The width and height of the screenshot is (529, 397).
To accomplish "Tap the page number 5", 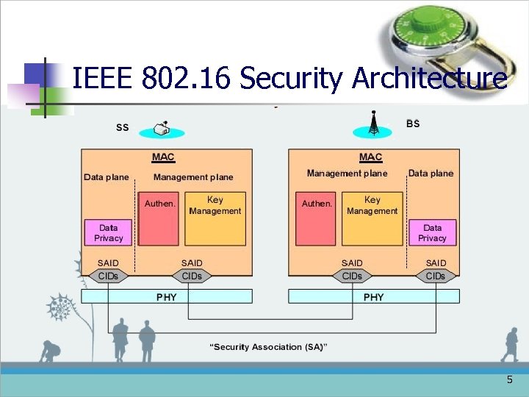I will pos(510,380).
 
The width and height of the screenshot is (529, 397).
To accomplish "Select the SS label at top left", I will pos(123,127).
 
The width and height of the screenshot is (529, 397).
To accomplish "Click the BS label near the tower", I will pos(413,124).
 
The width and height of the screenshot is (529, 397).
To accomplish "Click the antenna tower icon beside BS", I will pos(373,124).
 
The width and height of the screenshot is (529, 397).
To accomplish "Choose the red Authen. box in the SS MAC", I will pos(159,218).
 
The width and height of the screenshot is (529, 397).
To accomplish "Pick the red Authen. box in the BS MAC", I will pos(317,218).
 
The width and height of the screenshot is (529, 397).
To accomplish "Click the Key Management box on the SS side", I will pos(215,218).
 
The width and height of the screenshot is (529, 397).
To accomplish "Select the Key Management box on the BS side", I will pos(372,218).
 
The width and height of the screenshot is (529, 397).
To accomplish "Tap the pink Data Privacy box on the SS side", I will pos(108,232).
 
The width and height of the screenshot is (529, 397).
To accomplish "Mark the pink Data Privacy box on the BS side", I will pos(432,232).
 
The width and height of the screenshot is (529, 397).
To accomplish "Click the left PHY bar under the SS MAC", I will pos(166,296).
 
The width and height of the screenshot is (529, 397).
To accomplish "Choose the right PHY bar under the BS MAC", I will pos(373,296).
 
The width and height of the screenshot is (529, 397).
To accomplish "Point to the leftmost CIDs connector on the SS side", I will pos(108,276).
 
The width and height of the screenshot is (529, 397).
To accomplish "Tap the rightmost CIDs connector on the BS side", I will pos(436,276).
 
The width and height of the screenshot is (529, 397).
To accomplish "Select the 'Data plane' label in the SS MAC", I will pos(107,177).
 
